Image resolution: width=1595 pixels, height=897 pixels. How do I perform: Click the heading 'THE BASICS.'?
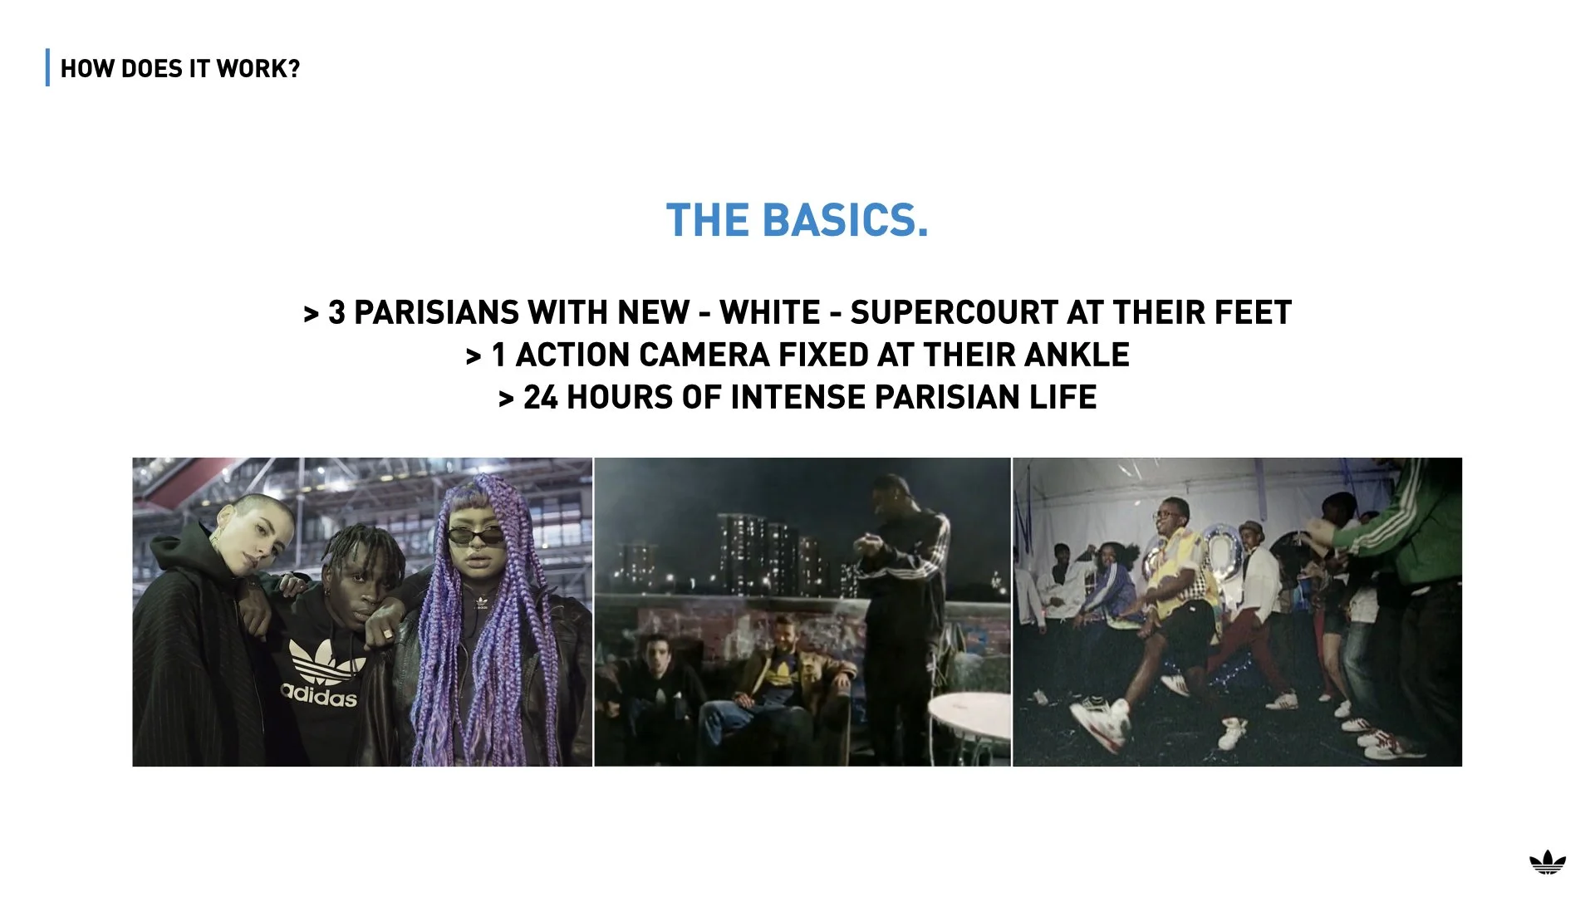tap(797, 221)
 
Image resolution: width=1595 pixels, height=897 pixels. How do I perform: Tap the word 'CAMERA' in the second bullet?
tap(704, 355)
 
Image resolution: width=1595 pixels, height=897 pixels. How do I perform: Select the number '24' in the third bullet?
tap(540, 398)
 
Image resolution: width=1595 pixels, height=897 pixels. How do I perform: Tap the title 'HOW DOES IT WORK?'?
tap(180, 69)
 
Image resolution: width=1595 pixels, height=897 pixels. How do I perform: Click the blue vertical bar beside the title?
tap(48, 68)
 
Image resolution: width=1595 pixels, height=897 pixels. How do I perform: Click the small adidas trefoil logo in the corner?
tap(1548, 864)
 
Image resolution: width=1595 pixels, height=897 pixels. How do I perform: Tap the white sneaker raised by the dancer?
tap(1102, 718)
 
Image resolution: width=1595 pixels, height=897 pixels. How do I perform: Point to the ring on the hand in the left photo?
tap(387, 635)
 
